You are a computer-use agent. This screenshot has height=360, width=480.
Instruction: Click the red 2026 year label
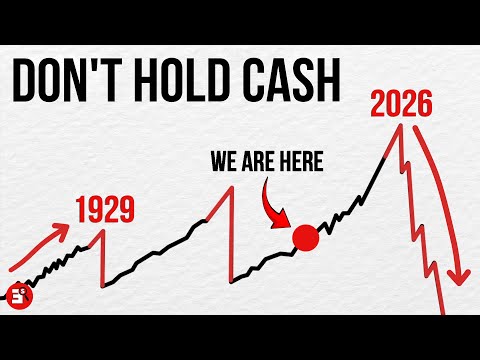point(402,102)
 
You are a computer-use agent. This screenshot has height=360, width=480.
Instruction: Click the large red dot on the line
point(305,239)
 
